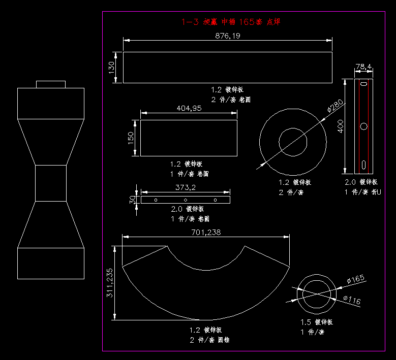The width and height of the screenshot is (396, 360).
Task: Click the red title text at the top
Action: coord(231,22)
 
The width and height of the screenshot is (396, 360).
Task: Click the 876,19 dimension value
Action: coord(228,36)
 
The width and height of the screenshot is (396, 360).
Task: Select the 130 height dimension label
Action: coord(112,68)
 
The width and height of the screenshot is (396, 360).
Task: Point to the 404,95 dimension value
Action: coord(189,108)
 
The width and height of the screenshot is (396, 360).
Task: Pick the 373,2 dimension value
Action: coord(186,187)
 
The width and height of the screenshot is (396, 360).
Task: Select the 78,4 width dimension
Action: coord(363,67)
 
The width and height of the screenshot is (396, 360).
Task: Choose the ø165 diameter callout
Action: coord(356,279)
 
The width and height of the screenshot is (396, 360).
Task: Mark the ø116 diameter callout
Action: coord(352,301)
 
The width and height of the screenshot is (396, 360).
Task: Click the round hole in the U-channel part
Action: coord(363,126)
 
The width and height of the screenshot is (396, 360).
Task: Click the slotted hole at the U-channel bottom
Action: coord(363,165)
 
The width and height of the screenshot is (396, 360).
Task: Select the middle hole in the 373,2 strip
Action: coord(186,200)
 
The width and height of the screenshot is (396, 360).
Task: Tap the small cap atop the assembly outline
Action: coord(51,84)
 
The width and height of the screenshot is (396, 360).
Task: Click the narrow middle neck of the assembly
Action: coord(51,183)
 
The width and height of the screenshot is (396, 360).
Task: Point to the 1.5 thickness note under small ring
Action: coord(316,322)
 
